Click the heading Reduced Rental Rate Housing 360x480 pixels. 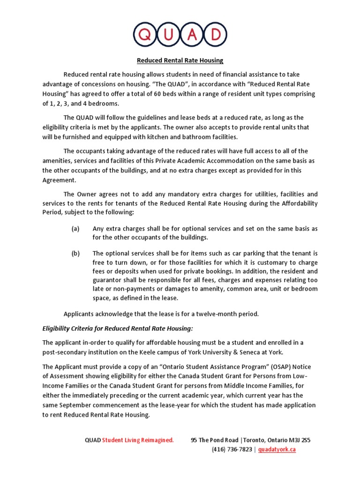click(180, 60)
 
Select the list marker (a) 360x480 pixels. click(75, 229)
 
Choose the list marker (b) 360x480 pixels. click(75, 254)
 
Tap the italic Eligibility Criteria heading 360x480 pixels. click(118, 328)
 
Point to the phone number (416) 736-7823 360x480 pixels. click(232, 449)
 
